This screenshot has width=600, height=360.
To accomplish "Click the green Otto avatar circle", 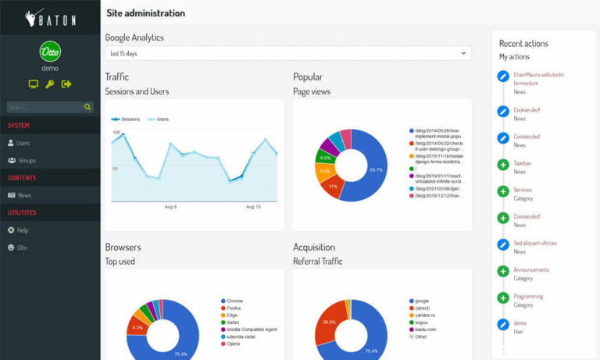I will [50, 52].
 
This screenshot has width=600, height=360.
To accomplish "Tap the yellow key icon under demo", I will [50, 84].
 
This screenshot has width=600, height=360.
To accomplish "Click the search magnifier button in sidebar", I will [88, 107].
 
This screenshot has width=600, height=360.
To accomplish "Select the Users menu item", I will [23, 143].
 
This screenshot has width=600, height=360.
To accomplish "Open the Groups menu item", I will [27, 160].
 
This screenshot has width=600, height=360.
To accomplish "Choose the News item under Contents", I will [24, 195].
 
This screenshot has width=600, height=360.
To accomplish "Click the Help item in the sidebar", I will [23, 230].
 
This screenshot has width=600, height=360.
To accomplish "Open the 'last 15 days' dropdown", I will [288, 53].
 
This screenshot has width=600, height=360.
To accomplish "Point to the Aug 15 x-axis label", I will [253, 207].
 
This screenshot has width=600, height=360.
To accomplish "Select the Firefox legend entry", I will [234, 308].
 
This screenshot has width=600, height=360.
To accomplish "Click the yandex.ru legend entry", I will [425, 315].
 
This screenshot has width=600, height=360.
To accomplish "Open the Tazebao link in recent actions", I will [522, 163].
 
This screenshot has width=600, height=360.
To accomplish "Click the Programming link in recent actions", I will [528, 297].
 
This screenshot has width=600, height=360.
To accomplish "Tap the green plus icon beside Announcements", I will [503, 271].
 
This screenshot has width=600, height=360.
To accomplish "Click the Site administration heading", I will [145, 13].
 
